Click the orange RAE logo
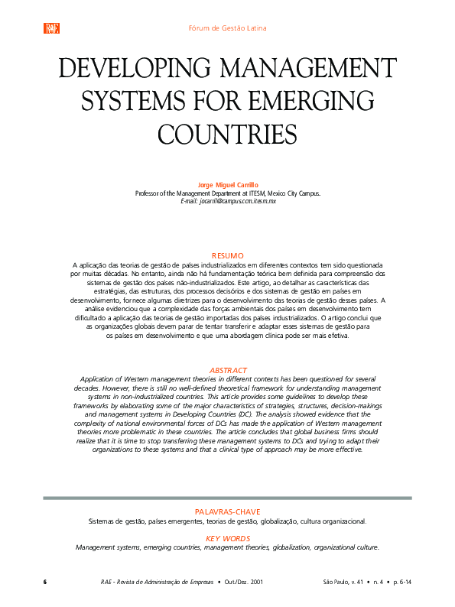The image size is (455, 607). click(x=52, y=28)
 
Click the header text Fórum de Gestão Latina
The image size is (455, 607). click(x=227, y=28)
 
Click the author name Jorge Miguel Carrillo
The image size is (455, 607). click(x=227, y=186)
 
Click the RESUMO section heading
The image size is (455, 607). click(x=227, y=255)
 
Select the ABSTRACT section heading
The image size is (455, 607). click(x=227, y=370)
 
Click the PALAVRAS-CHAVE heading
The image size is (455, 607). click(x=227, y=511)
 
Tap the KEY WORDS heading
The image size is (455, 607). click(x=227, y=538)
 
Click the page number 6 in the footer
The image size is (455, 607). click(x=45, y=582)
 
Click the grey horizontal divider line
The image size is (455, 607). click(x=227, y=498)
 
